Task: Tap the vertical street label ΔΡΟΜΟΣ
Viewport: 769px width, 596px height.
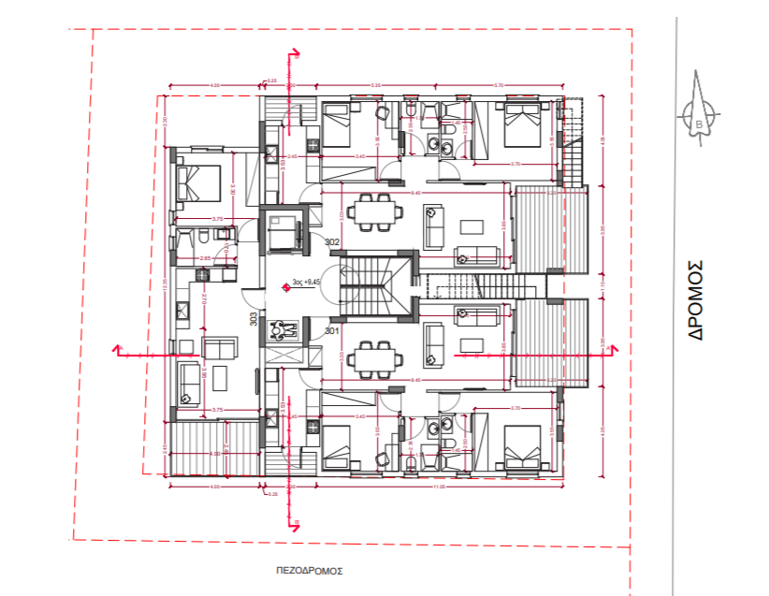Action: point(696,298)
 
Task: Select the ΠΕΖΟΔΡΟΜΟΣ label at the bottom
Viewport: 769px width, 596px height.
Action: point(310,568)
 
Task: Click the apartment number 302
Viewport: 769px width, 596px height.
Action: point(331,241)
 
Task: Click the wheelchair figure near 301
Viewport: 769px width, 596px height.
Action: point(283,329)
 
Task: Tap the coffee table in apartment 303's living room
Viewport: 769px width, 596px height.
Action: point(219,378)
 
